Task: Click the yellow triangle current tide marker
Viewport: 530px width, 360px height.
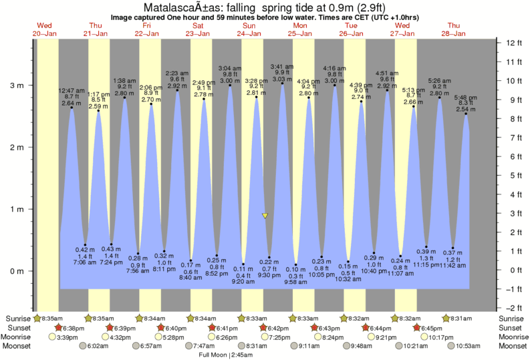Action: [x=265, y=216]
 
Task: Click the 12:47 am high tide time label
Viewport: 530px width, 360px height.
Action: [x=72, y=90]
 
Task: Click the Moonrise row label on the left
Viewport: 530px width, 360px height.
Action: [x=18, y=337]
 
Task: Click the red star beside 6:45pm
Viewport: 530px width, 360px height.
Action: [x=416, y=328]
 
